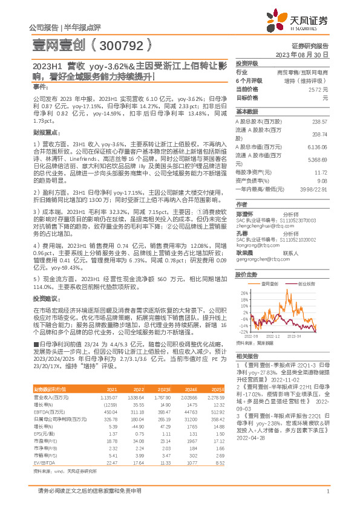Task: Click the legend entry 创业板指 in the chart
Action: coord(306,283)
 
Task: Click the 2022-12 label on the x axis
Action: coord(273,334)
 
